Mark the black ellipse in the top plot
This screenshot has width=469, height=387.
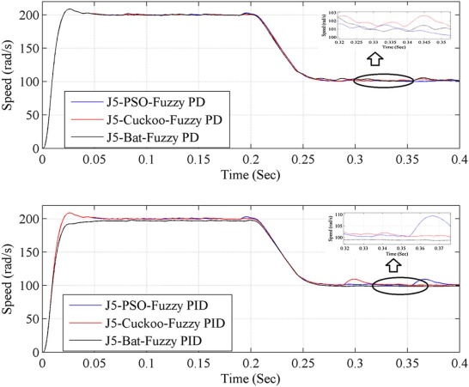(x=383, y=81)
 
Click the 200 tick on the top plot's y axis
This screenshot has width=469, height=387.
(x=26, y=15)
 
